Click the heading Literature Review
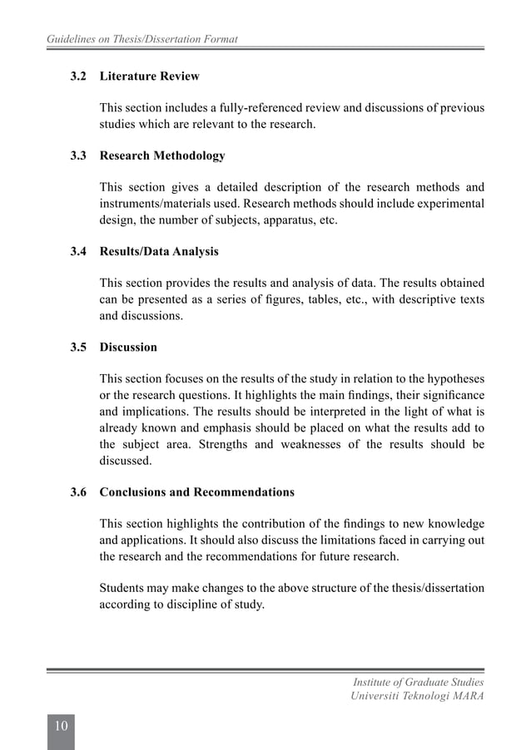(x=149, y=76)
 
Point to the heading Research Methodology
(x=161, y=155)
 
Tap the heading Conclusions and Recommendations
(x=196, y=492)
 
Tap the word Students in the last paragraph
(x=122, y=588)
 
